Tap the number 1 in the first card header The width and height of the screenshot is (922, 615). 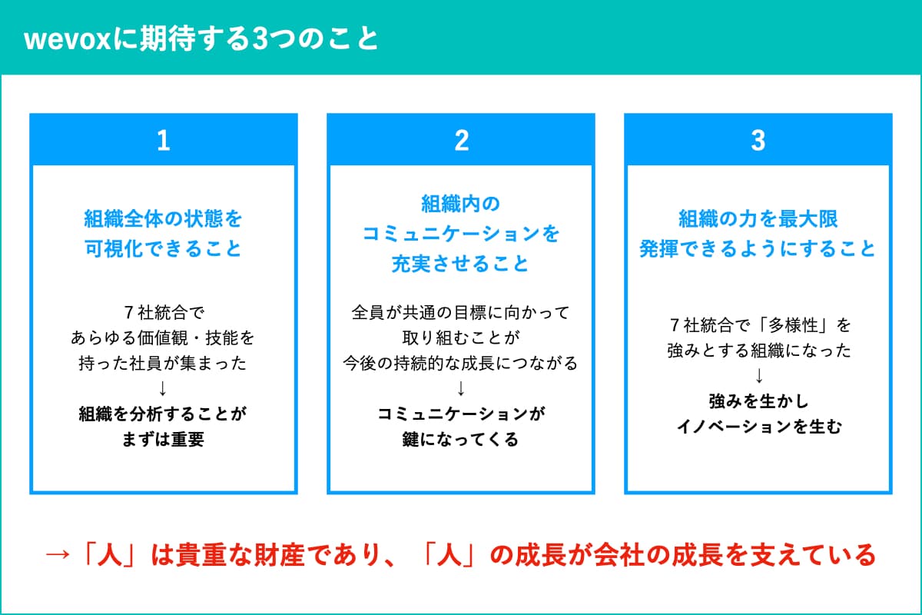point(164,141)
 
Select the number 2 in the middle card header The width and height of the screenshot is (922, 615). point(462,141)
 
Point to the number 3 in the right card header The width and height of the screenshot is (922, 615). point(758,141)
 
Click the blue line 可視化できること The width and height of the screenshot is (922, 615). point(163,249)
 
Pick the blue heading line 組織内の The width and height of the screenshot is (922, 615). point(460,204)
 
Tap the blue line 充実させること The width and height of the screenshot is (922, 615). point(460,264)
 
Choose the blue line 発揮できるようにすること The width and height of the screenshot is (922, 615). point(758,249)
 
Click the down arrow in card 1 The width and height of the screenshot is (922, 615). point(163,388)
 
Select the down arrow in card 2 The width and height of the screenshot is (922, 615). point(461,388)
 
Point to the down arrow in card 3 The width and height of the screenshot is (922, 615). point(759,376)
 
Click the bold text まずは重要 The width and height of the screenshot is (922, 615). point(163,440)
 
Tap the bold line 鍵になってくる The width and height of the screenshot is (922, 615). point(460,440)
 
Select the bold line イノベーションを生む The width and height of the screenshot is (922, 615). point(759,427)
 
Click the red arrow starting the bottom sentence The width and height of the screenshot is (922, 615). point(57,555)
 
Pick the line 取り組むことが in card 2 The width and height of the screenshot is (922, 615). point(461,337)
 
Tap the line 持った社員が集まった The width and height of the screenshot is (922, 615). point(163,364)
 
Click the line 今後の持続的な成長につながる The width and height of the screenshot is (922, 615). point(460,364)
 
